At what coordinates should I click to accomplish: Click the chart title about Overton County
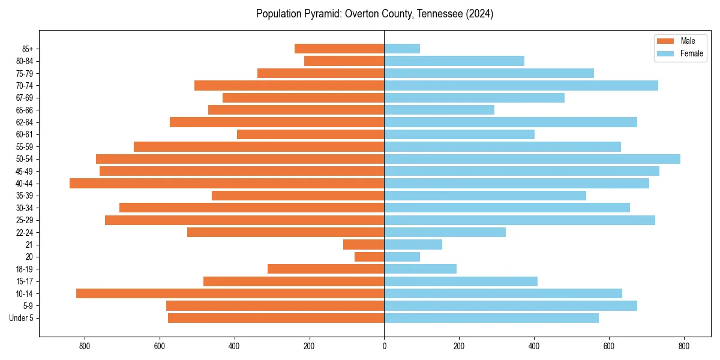(374, 14)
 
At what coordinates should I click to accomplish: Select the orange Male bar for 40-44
(227, 184)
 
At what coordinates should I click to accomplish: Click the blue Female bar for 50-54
(532, 159)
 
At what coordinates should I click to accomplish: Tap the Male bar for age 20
(369, 257)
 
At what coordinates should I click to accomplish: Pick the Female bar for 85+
(402, 49)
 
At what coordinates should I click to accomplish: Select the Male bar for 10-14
(230, 293)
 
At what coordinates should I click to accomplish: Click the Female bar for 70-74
(521, 85)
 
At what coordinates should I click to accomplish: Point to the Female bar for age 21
(413, 245)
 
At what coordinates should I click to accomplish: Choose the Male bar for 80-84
(344, 61)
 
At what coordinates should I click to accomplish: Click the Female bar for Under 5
(491, 318)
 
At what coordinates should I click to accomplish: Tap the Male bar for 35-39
(298, 196)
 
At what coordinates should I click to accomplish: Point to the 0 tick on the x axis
(384, 346)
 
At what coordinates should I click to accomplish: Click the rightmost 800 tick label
(683, 346)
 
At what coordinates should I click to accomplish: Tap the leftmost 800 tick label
(85, 346)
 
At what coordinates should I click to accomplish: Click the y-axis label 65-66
(25, 110)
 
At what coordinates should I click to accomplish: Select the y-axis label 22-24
(25, 233)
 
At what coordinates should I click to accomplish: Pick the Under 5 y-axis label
(22, 318)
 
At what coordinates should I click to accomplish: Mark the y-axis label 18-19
(25, 269)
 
